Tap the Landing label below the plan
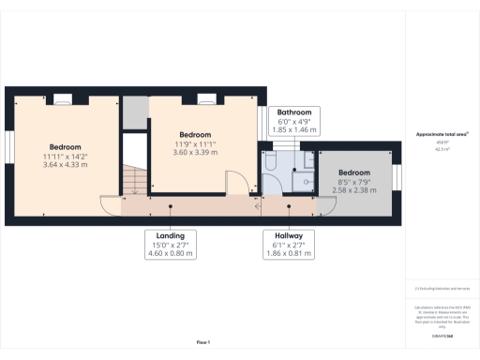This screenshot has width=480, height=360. point(170,234)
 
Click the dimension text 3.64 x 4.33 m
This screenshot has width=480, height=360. point(65,165)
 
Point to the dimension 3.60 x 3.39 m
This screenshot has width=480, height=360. point(195,152)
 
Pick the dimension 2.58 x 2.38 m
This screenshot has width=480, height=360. point(354,190)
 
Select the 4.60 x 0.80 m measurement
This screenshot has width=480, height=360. point(170,253)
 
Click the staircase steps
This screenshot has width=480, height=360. point(136,178)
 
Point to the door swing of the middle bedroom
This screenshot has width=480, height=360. point(234,183)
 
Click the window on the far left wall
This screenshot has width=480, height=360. point(8,156)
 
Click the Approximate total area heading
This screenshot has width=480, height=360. point(442,134)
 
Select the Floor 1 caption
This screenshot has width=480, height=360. point(202,341)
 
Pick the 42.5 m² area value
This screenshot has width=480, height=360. point(442,149)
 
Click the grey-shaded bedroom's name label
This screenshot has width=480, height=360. point(354,173)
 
